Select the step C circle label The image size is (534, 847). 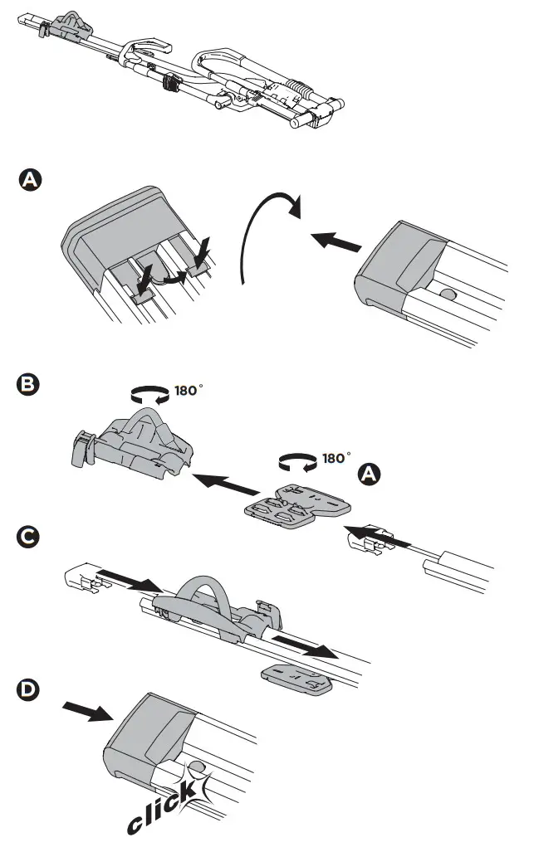(x=29, y=539)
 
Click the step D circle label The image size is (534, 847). (x=29, y=689)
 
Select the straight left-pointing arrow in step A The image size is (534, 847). (x=336, y=241)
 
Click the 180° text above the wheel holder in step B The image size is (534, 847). (x=188, y=391)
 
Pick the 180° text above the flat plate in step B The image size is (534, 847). (x=336, y=457)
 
